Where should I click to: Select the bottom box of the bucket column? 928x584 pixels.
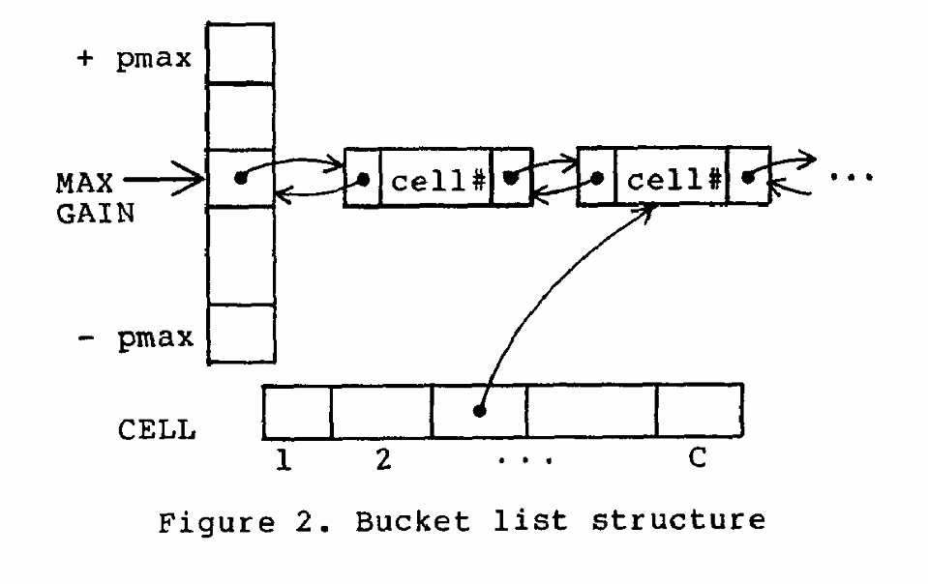[x=241, y=334]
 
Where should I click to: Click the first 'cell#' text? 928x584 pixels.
[x=435, y=180]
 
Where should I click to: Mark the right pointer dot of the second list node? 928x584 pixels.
[x=748, y=179]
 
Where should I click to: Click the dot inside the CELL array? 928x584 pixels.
[x=478, y=411]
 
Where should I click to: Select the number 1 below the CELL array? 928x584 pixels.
[x=283, y=460]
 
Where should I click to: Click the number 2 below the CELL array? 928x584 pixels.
[x=382, y=461]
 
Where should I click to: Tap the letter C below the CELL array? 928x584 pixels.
[x=698, y=460]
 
